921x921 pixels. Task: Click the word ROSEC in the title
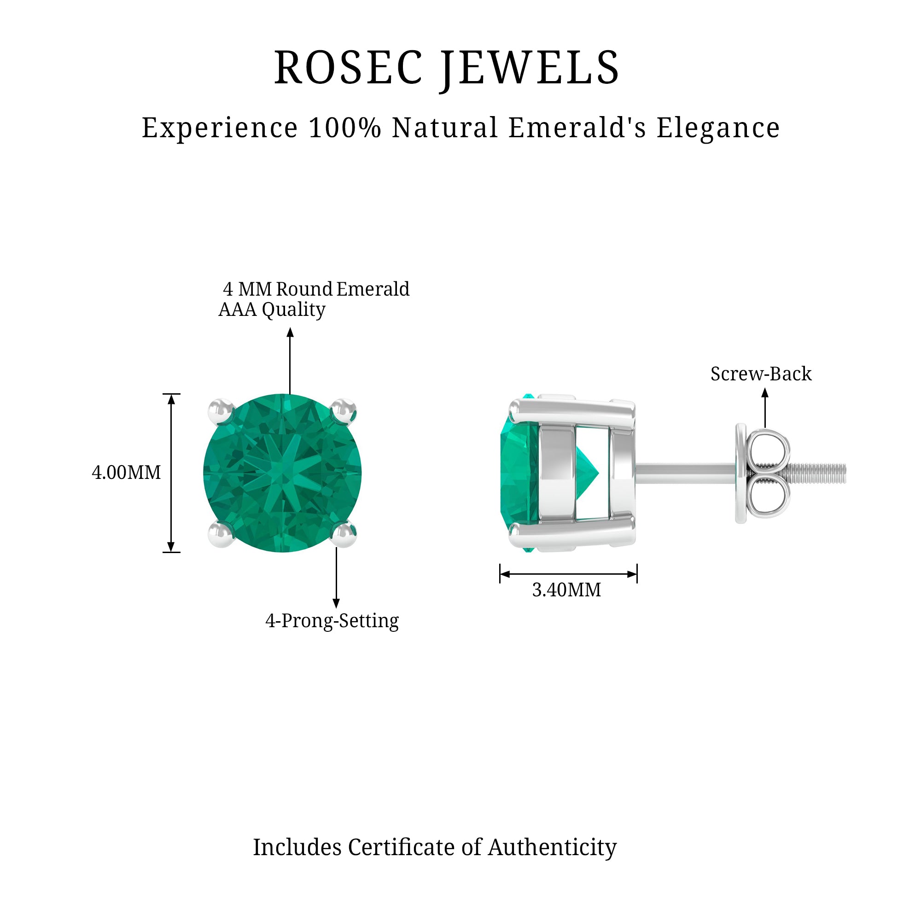point(349,68)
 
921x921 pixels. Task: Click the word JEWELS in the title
point(530,70)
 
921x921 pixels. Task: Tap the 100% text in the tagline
point(344,128)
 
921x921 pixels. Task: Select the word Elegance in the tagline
point(718,129)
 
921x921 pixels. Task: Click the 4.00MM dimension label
point(126,472)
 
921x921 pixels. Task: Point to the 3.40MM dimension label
point(566,590)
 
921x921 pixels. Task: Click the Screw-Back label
point(761,373)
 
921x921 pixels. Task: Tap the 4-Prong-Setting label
point(332,621)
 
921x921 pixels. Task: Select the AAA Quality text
point(272,310)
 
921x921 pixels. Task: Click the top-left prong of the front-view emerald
point(221,411)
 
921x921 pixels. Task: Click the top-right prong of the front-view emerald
point(344,411)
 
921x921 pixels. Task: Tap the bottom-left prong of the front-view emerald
point(221,534)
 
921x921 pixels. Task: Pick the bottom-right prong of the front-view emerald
point(344,534)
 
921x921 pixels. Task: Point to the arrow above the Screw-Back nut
point(765,408)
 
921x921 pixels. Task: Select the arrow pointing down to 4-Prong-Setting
point(336,577)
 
